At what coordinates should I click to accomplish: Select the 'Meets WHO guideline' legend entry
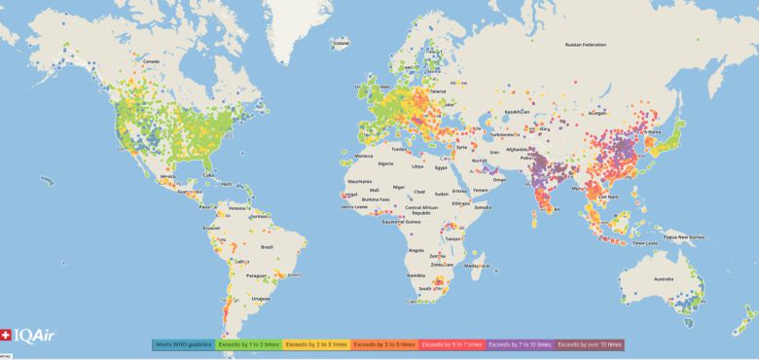tap(184, 343)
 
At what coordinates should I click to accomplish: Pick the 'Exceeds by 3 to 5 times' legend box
tap(384, 343)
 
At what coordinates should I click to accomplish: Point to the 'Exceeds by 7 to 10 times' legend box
tap(522, 343)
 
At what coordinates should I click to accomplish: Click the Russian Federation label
tap(586, 45)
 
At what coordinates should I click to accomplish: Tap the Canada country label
tap(151, 61)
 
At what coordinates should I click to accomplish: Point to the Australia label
tap(664, 280)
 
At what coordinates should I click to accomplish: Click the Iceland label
tap(341, 43)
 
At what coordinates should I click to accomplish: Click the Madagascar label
tap(474, 266)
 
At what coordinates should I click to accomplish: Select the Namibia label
tap(418, 277)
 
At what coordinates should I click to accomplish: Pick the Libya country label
tap(418, 166)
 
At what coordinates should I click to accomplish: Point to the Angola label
tap(416, 249)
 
